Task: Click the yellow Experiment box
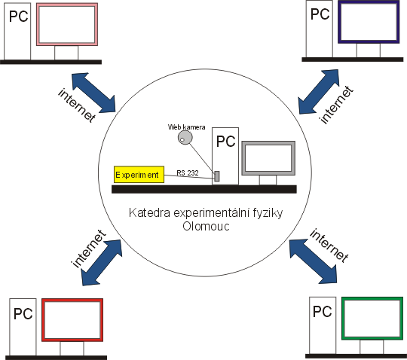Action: pos(139,174)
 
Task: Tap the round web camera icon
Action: pos(185,138)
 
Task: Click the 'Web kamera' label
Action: pos(186,127)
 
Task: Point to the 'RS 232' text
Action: pos(188,172)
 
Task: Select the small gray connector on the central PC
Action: pos(217,176)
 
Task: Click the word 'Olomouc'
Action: pos(206,226)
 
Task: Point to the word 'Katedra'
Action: pos(149,212)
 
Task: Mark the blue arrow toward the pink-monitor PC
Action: pos(93,93)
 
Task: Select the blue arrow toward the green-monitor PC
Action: pos(314,261)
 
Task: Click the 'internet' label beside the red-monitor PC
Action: pos(89,249)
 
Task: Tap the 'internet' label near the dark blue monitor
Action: pos(336,105)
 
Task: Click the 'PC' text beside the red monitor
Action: pos(23,313)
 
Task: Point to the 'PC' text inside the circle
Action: pos(225,142)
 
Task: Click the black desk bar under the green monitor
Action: pos(356,356)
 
